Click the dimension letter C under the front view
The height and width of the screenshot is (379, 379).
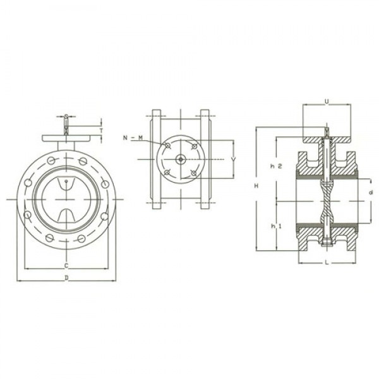click(x=66, y=266)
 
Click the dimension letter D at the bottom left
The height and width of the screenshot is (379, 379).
click(x=66, y=278)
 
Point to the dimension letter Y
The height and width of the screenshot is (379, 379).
click(x=233, y=159)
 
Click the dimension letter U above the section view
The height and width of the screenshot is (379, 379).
click(x=326, y=100)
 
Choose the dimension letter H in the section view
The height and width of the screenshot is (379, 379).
click(x=256, y=186)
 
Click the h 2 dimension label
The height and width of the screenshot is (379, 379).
click(x=275, y=166)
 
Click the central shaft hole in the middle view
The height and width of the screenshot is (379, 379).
click(x=181, y=159)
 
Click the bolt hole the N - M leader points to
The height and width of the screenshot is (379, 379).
click(x=167, y=146)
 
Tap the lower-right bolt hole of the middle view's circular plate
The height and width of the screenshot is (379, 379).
click(x=194, y=172)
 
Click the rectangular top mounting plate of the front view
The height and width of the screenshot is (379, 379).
click(x=66, y=137)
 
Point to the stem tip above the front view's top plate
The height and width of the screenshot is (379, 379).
click(x=66, y=117)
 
